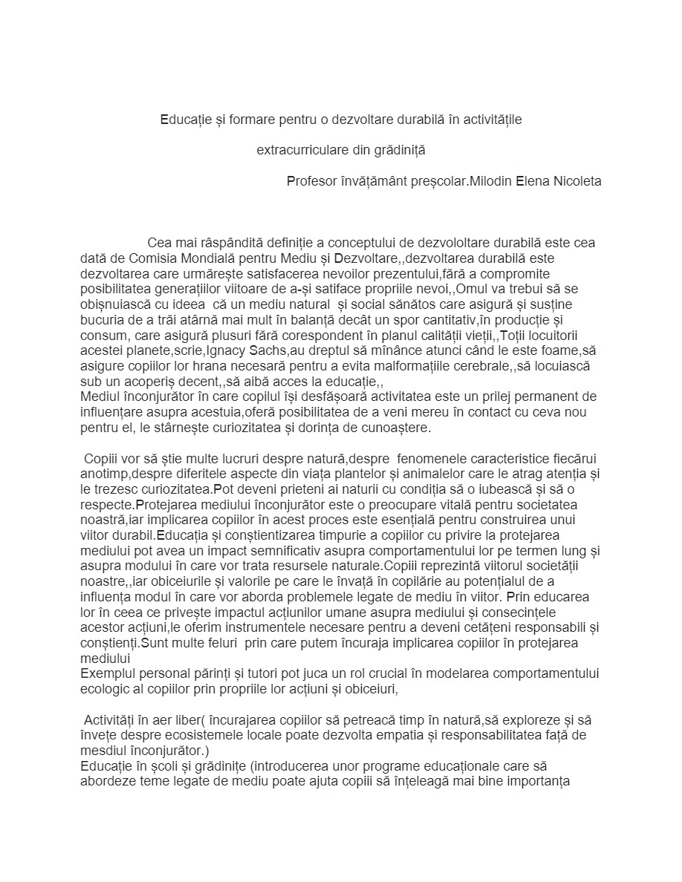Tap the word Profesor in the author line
point(311,181)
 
